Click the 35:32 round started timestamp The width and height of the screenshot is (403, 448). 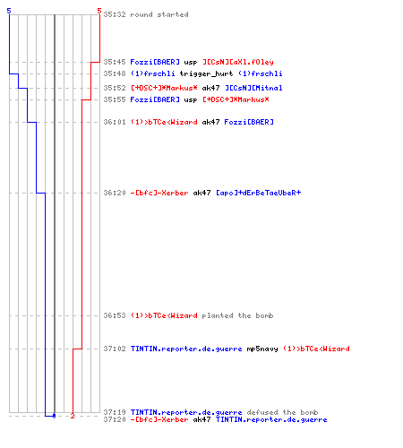coord(115,14)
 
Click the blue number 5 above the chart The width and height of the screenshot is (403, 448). coord(9,11)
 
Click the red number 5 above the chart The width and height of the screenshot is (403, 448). coord(99,11)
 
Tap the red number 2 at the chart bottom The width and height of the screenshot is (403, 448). coord(73,416)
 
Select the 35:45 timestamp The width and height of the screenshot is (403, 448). coord(115,62)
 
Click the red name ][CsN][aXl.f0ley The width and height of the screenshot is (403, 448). coord(238,62)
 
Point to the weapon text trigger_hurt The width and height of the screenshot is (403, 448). coord(206,73)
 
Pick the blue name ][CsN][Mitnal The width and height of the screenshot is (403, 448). coord(253,88)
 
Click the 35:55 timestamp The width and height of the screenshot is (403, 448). coord(115,99)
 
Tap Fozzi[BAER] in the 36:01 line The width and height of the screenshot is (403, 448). coord(249,122)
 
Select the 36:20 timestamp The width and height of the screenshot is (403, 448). coord(115,193)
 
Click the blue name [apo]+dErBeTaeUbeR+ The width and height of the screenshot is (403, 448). coord(259,193)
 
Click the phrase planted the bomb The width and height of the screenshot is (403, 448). coord(237,315)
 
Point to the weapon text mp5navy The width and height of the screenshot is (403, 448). coord(262,349)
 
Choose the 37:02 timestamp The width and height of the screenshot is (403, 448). coord(115,349)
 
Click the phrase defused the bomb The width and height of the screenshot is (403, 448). coord(282,412)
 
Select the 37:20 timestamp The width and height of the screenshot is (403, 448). coord(115,419)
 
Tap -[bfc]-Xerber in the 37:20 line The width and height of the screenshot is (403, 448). coord(159,419)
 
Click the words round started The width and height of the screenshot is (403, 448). coord(159,14)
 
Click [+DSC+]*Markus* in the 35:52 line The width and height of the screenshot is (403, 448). coord(164,88)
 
